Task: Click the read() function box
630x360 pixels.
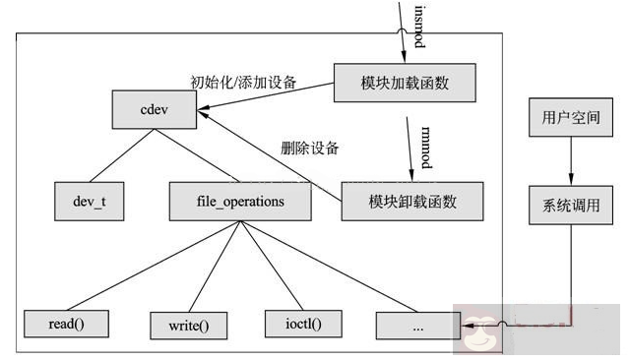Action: coord(65,323)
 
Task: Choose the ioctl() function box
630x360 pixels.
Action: coord(294,323)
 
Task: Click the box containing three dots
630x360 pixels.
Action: coord(414,324)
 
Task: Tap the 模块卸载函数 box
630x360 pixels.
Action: coord(412,201)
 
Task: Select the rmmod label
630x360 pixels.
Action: coord(425,143)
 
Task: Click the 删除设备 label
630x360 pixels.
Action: coord(310,149)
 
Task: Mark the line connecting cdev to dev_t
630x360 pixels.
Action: coord(112,156)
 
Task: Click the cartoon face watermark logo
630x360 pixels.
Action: coord(483,333)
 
